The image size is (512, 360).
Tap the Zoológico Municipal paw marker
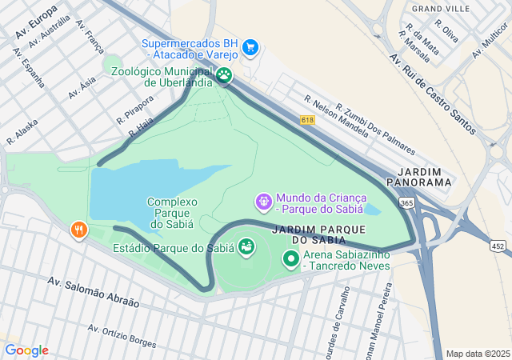tap(224, 76)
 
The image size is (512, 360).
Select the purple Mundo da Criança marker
tap(263, 202)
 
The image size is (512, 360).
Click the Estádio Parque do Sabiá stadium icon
tap(246, 247)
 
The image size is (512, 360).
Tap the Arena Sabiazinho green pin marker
tap(290, 259)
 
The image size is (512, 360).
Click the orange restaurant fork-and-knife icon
tap(78, 231)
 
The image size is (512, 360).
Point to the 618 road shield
tap(308, 119)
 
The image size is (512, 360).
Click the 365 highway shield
tap(407, 203)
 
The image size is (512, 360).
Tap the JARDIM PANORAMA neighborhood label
tap(424, 177)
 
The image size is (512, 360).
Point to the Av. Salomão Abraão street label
tap(93, 293)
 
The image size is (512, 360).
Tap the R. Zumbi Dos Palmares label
tap(375, 130)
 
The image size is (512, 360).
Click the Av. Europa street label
tap(36, 22)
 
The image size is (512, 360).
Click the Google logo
tap(26, 350)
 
